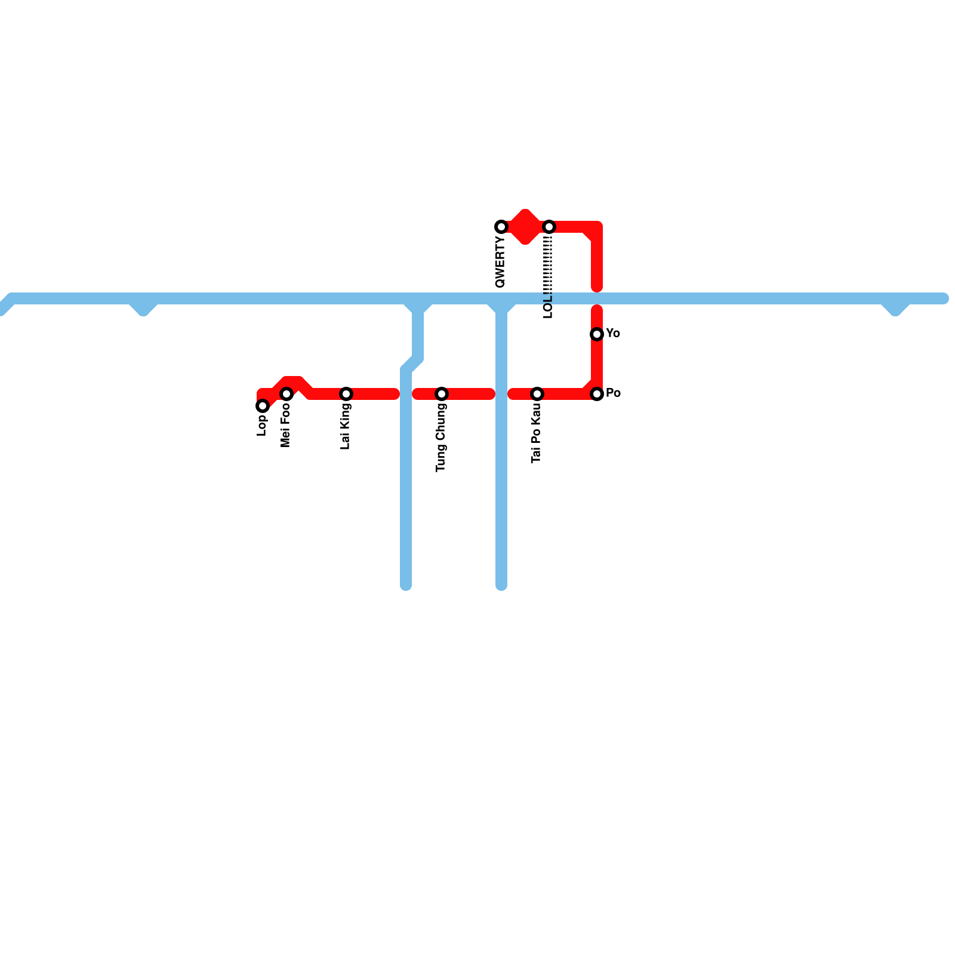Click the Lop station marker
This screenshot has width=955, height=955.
[263, 406]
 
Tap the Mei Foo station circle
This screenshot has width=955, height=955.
[286, 394]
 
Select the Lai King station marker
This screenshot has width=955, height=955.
[346, 394]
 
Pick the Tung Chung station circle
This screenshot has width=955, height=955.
[442, 394]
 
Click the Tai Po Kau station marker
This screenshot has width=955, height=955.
[537, 394]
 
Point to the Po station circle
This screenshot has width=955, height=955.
[597, 394]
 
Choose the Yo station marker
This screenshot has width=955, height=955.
[597, 334]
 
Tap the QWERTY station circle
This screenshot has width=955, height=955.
[501, 227]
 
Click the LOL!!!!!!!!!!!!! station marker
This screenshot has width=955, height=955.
[549, 227]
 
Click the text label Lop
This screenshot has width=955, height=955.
[262, 425]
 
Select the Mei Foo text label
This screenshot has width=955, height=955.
[286, 426]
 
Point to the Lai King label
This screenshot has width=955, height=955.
[346, 427]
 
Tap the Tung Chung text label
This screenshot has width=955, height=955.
[441, 438]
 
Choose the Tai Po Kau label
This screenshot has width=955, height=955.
[537, 433]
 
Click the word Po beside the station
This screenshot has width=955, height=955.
[613, 393]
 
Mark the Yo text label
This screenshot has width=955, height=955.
[613, 334]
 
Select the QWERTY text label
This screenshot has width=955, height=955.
[501, 262]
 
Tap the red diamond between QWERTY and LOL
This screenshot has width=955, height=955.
[525, 227]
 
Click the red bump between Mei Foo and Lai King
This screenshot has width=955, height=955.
[294, 383]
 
